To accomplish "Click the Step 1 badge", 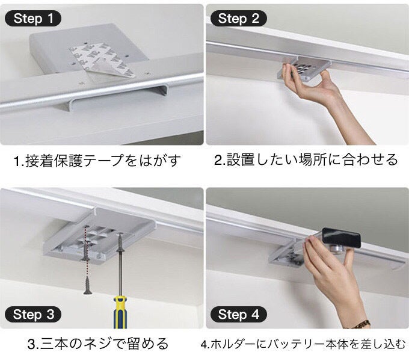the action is [x=33, y=19].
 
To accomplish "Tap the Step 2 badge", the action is [x=238, y=19].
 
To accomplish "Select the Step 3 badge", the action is [x=33, y=314].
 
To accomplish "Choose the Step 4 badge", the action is [x=238, y=314].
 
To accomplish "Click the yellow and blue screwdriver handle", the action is [x=120, y=312].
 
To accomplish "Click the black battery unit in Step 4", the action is [x=341, y=238].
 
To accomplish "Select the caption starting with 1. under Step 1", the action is [x=97, y=161].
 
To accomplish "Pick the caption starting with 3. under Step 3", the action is [x=98, y=344].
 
